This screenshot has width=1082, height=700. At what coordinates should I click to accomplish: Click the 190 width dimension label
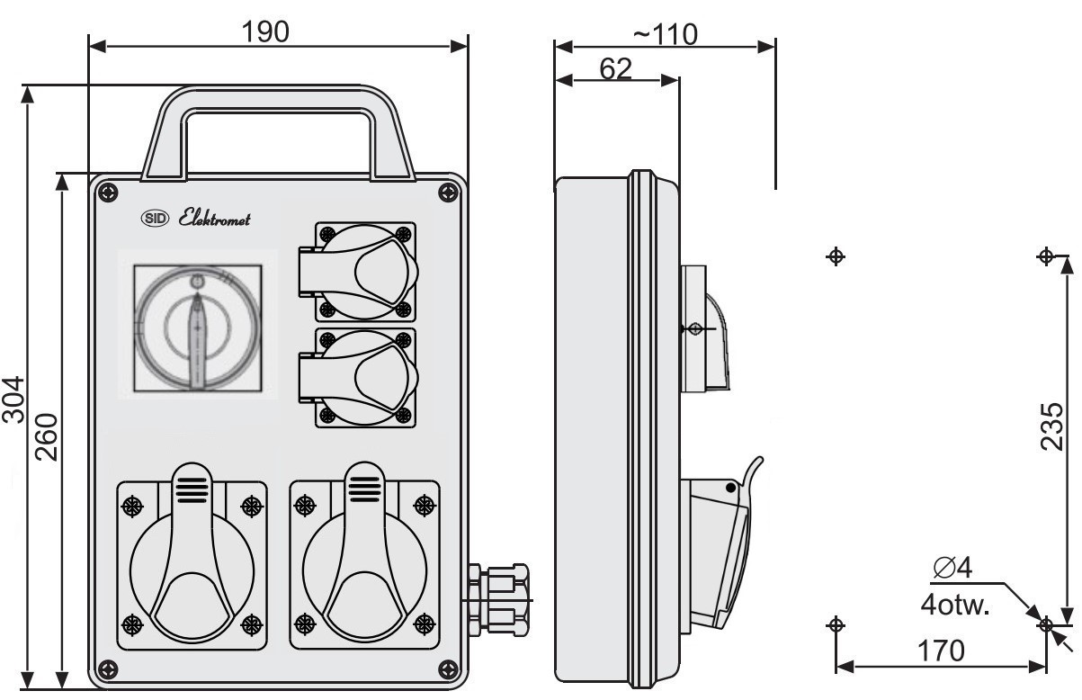pos(265,31)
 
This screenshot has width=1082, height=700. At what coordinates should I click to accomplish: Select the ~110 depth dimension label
pos(666,34)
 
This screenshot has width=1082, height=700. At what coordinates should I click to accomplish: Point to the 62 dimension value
pos(615,68)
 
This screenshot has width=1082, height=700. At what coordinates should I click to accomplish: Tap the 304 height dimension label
pos(13,399)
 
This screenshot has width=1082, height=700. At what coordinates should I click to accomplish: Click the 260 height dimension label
pos(47,436)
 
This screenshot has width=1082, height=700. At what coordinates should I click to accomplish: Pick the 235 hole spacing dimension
pos(1051,426)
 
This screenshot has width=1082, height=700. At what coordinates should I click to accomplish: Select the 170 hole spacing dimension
pos(941,651)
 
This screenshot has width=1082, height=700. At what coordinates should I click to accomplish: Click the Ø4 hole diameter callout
pos(952,567)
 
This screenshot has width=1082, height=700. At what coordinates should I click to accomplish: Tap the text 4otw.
pos(955,605)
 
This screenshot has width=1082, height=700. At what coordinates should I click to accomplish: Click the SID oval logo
pos(155,219)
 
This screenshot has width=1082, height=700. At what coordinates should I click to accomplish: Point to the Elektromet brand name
pos(214,218)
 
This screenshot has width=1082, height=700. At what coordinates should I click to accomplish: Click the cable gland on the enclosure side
pos(499,599)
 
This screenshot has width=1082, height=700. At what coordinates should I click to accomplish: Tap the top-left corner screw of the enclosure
pos(108,193)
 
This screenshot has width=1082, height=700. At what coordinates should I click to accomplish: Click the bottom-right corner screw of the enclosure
pos(448,669)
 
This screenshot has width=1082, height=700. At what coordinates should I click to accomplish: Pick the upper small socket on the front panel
pos(357,272)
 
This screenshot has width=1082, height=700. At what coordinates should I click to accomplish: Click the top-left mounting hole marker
pos(836,256)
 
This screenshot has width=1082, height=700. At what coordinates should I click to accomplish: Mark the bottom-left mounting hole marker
pos(836,625)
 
